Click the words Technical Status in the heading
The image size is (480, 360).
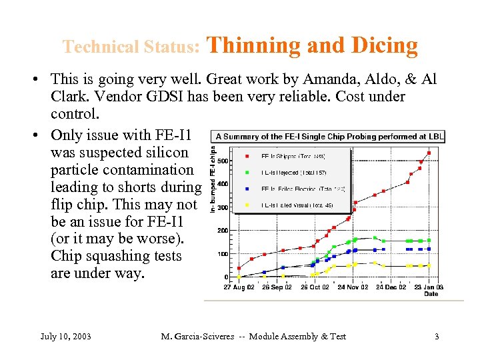tap(131, 47)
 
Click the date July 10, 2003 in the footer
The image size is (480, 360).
tap(65, 336)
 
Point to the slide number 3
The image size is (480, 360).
tap(437, 336)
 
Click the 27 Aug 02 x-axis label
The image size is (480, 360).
tap(239, 287)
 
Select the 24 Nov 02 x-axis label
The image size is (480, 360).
tap(353, 287)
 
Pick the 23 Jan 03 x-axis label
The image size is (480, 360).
tap(429, 287)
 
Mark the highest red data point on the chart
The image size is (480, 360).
tap(429, 153)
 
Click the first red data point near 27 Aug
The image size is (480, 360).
tap(239, 268)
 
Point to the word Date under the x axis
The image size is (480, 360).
tap(431, 293)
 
